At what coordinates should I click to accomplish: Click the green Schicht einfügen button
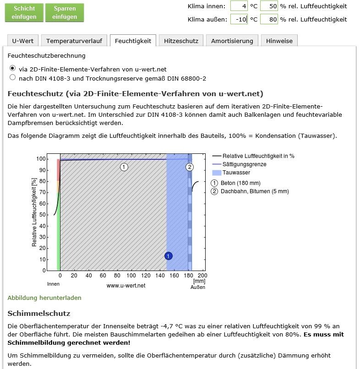click(x=24, y=13)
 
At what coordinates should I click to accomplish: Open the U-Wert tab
click(x=22, y=41)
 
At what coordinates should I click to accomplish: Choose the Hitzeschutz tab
click(x=181, y=41)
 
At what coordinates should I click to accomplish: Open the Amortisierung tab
click(x=232, y=41)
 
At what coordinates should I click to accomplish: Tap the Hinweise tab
click(x=279, y=41)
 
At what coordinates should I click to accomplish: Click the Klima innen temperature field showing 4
click(x=239, y=6)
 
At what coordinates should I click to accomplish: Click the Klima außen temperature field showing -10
click(x=239, y=19)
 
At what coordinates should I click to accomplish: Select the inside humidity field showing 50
click(x=269, y=6)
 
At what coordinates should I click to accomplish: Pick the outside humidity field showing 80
click(x=269, y=19)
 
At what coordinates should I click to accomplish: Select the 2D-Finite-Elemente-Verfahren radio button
click(x=12, y=68)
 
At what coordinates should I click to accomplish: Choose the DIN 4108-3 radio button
click(x=12, y=78)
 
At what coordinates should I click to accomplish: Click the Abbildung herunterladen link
click(x=44, y=298)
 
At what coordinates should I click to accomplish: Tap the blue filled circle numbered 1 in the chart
click(x=169, y=256)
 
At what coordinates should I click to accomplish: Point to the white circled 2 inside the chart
click(x=190, y=167)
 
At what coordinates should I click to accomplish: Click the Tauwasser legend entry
click(x=236, y=173)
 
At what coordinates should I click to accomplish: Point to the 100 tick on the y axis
click(x=42, y=159)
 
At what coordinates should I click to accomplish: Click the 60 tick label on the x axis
click(x=103, y=276)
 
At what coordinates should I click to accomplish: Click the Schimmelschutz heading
click(x=39, y=314)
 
